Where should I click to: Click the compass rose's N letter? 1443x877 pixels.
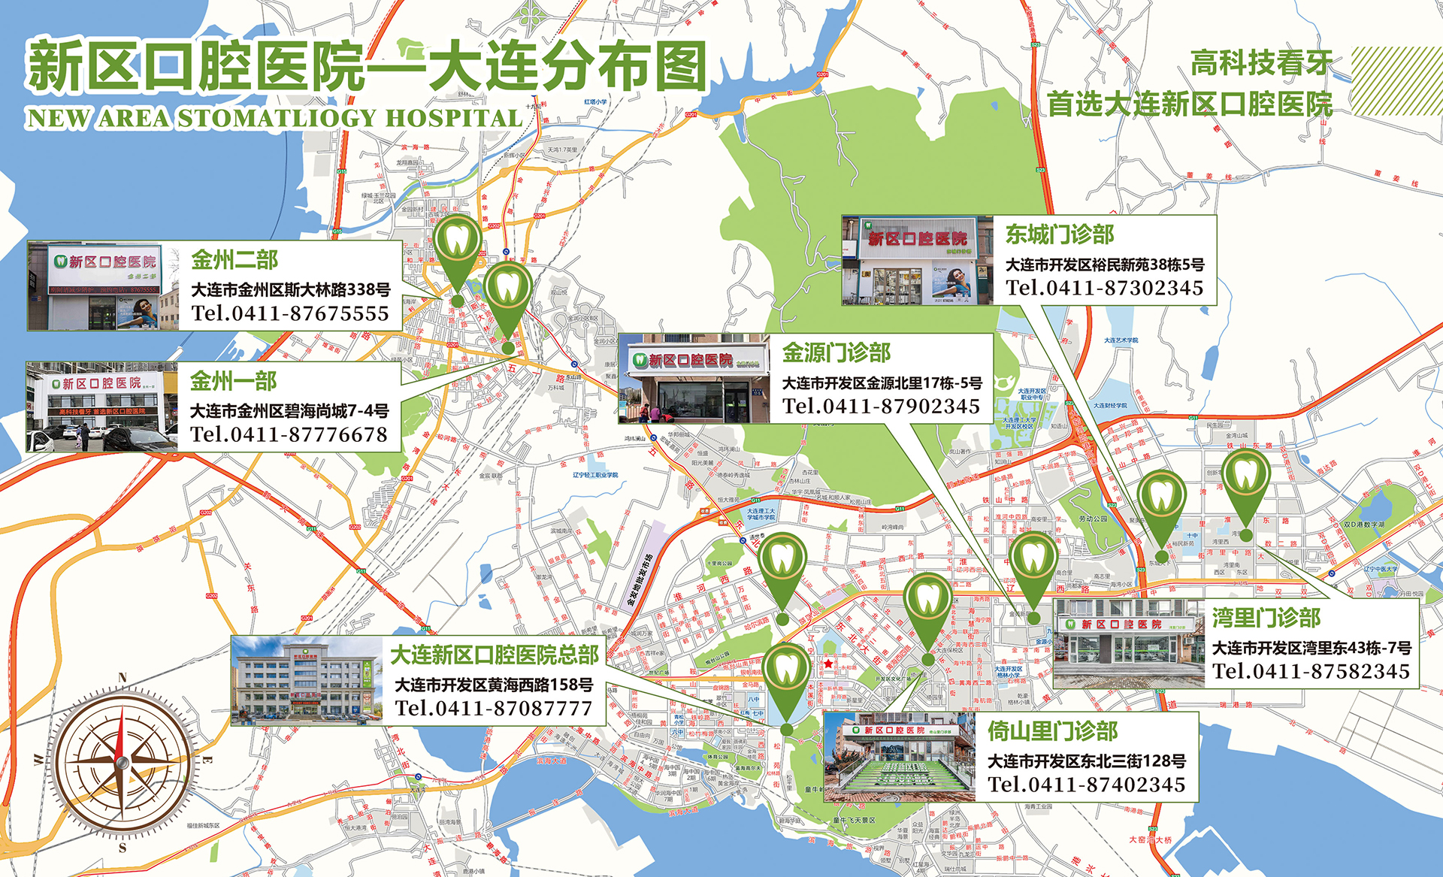pos(123,678)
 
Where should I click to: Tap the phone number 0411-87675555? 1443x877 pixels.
pos(290,313)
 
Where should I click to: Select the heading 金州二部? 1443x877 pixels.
pos(234,260)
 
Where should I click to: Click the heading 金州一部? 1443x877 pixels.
pos(233,381)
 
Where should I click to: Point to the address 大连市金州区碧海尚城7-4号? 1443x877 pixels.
pos(289,411)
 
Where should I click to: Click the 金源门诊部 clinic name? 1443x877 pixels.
pos(836,352)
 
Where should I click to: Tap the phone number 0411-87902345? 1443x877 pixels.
pos(881,407)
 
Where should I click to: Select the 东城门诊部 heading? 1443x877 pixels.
pos(1060,234)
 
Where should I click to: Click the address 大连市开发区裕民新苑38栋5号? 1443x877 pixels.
pos(1105,265)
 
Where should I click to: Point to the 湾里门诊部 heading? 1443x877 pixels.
pos(1266,618)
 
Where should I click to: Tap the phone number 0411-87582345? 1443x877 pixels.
pos(1311,671)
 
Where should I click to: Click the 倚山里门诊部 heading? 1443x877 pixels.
pos(1052,731)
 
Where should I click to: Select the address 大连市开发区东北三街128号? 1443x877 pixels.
pos(1087,761)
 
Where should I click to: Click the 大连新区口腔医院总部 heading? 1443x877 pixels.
pos(495,655)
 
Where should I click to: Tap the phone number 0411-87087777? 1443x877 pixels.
pos(494,708)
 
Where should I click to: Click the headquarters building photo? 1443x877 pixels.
pos(307,681)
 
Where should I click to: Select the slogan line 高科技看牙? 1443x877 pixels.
pos(1261,63)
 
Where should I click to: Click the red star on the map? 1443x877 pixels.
pos(828,664)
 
